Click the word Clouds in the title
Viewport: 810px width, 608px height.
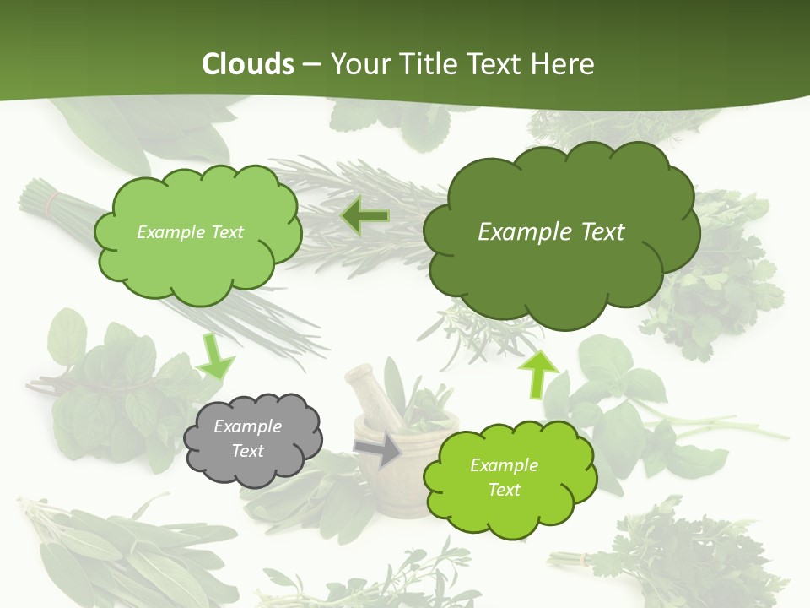tap(247, 64)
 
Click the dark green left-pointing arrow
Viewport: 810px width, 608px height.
tap(364, 217)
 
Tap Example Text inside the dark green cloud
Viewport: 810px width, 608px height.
tap(551, 232)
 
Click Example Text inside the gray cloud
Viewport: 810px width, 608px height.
tap(248, 439)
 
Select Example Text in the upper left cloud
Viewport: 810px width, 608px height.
tap(190, 232)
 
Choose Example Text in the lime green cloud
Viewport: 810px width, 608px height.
tap(504, 477)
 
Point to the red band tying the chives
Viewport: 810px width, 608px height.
tap(53, 202)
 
